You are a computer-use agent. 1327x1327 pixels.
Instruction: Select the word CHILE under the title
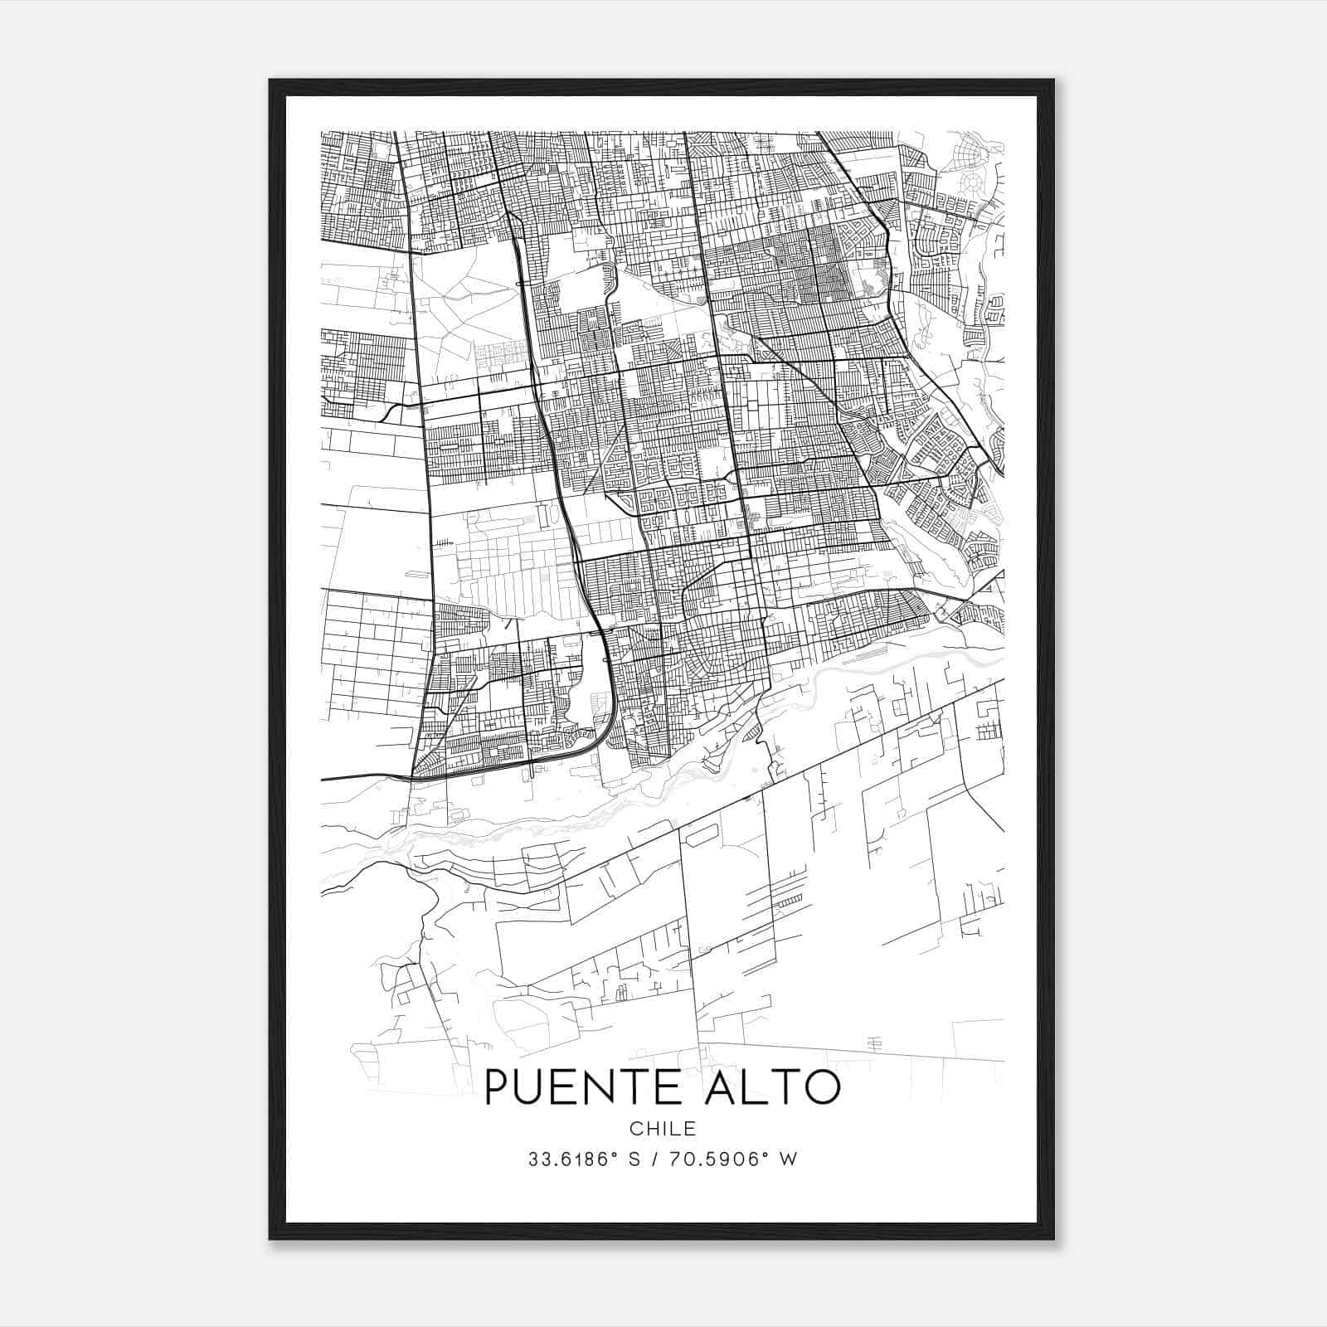tap(662, 1129)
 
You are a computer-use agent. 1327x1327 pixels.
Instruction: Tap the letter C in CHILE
tap(635, 1129)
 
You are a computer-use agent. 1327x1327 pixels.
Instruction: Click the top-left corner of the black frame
tap(270, 80)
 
